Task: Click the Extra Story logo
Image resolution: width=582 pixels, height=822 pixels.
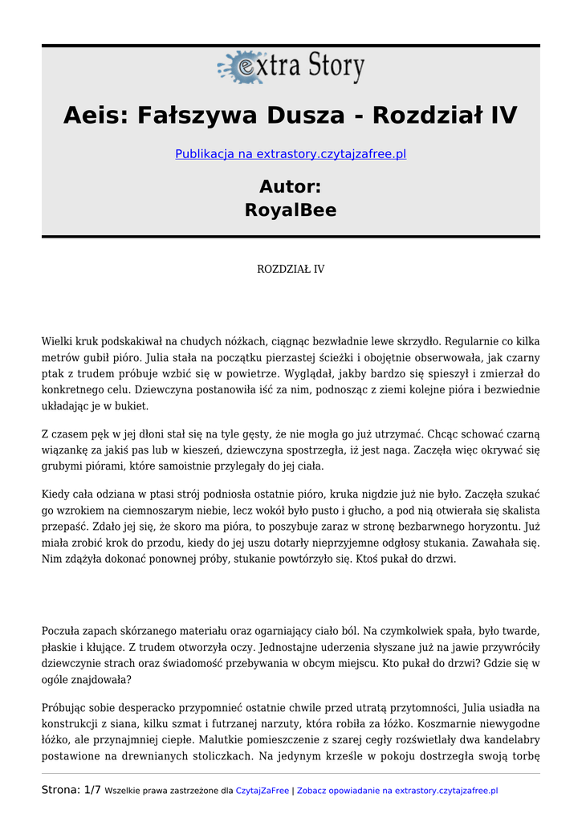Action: (x=291, y=67)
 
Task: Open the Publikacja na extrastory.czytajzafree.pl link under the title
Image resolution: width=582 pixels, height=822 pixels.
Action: (x=291, y=153)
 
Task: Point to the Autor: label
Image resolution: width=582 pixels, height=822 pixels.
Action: (x=291, y=186)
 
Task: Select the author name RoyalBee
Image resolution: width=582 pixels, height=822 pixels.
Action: (x=291, y=210)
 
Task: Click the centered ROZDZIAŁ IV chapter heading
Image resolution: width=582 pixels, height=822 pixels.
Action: (x=291, y=269)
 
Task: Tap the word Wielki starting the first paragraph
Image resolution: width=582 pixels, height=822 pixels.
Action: (x=59, y=340)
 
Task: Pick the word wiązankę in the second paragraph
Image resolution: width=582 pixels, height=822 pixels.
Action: (x=65, y=450)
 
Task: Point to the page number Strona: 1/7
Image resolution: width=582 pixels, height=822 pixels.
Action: (x=71, y=790)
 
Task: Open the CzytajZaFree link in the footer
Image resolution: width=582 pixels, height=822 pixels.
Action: (x=262, y=791)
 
